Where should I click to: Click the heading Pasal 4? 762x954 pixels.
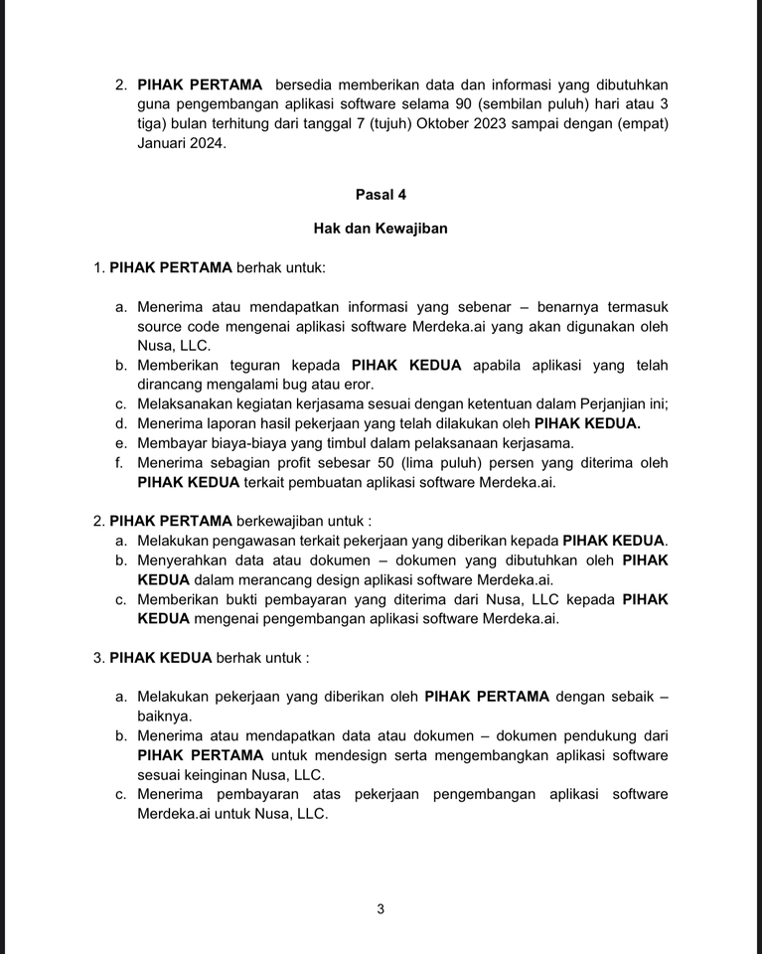point(381,195)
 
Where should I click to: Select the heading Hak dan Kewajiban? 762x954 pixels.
point(381,229)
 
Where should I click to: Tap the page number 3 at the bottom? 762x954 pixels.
point(381,908)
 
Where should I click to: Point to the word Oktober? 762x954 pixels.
point(448,123)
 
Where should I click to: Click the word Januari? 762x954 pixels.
point(163,143)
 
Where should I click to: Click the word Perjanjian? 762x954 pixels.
point(607,403)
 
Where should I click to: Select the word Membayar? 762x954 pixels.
point(171,443)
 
